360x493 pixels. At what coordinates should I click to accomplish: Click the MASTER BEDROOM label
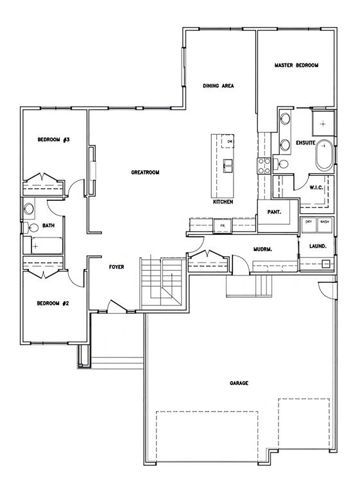click(296, 65)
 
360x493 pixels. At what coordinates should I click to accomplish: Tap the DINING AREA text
click(219, 85)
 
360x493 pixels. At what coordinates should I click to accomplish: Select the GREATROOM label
click(145, 172)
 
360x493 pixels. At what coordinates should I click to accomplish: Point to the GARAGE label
click(239, 383)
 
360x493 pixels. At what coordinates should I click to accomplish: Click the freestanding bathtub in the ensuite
click(325, 156)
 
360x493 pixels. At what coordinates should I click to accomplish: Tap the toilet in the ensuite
click(282, 164)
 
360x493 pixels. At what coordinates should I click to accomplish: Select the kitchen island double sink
click(228, 166)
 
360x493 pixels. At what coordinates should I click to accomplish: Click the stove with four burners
click(264, 166)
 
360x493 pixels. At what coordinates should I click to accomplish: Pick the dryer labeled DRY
click(309, 225)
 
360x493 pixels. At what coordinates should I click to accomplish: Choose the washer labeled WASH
click(325, 225)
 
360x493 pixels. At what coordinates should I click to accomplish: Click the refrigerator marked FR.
click(223, 226)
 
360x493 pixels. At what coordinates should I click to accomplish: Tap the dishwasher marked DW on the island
click(227, 141)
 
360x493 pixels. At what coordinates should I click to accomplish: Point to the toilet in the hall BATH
click(30, 227)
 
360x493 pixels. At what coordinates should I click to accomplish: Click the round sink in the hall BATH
click(29, 208)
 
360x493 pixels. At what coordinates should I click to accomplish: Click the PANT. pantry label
click(274, 212)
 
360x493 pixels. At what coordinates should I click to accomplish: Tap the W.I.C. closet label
click(316, 187)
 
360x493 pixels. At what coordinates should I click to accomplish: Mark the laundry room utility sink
click(327, 263)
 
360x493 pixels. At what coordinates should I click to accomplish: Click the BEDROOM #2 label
click(53, 304)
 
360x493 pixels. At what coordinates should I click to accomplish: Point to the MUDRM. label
click(263, 250)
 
